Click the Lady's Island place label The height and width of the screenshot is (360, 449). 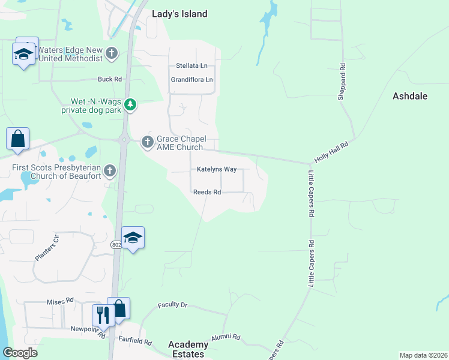click(179, 14)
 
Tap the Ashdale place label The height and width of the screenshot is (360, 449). click(410, 95)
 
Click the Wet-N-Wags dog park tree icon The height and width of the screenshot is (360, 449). click(130, 106)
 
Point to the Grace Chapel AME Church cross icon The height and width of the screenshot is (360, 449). click(147, 142)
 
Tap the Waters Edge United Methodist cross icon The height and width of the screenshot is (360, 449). click(111, 54)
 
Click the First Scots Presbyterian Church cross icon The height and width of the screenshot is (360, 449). click(109, 171)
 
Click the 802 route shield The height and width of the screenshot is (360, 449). click(116, 245)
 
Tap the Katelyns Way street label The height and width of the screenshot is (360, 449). click(217, 169)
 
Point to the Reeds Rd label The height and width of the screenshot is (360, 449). click(207, 192)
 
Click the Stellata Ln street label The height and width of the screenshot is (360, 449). click(191, 65)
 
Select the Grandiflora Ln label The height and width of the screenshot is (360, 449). click(192, 79)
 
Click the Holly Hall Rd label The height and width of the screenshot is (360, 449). click(331, 152)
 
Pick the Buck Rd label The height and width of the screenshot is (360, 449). click(110, 79)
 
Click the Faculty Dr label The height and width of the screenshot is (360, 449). click(173, 305)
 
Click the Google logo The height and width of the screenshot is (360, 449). click(20, 353)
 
